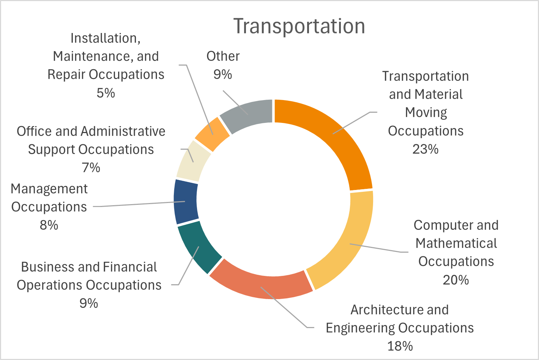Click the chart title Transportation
pos(299,26)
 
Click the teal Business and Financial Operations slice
pos(197,247)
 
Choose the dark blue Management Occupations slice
pos(186,202)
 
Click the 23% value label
pos(426,149)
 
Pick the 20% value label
pos(456,280)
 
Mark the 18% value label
pos(400,346)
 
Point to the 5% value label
pos(106,93)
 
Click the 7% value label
pos(91,167)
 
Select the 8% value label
pos(49,225)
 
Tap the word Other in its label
pos(223,56)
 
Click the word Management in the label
pos(49,189)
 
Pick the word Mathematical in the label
pos(456,243)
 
